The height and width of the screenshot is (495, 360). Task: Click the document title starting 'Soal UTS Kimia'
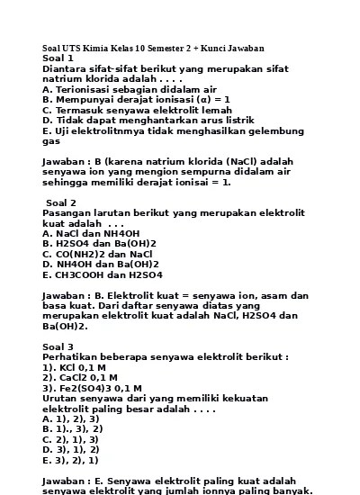[153, 48]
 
